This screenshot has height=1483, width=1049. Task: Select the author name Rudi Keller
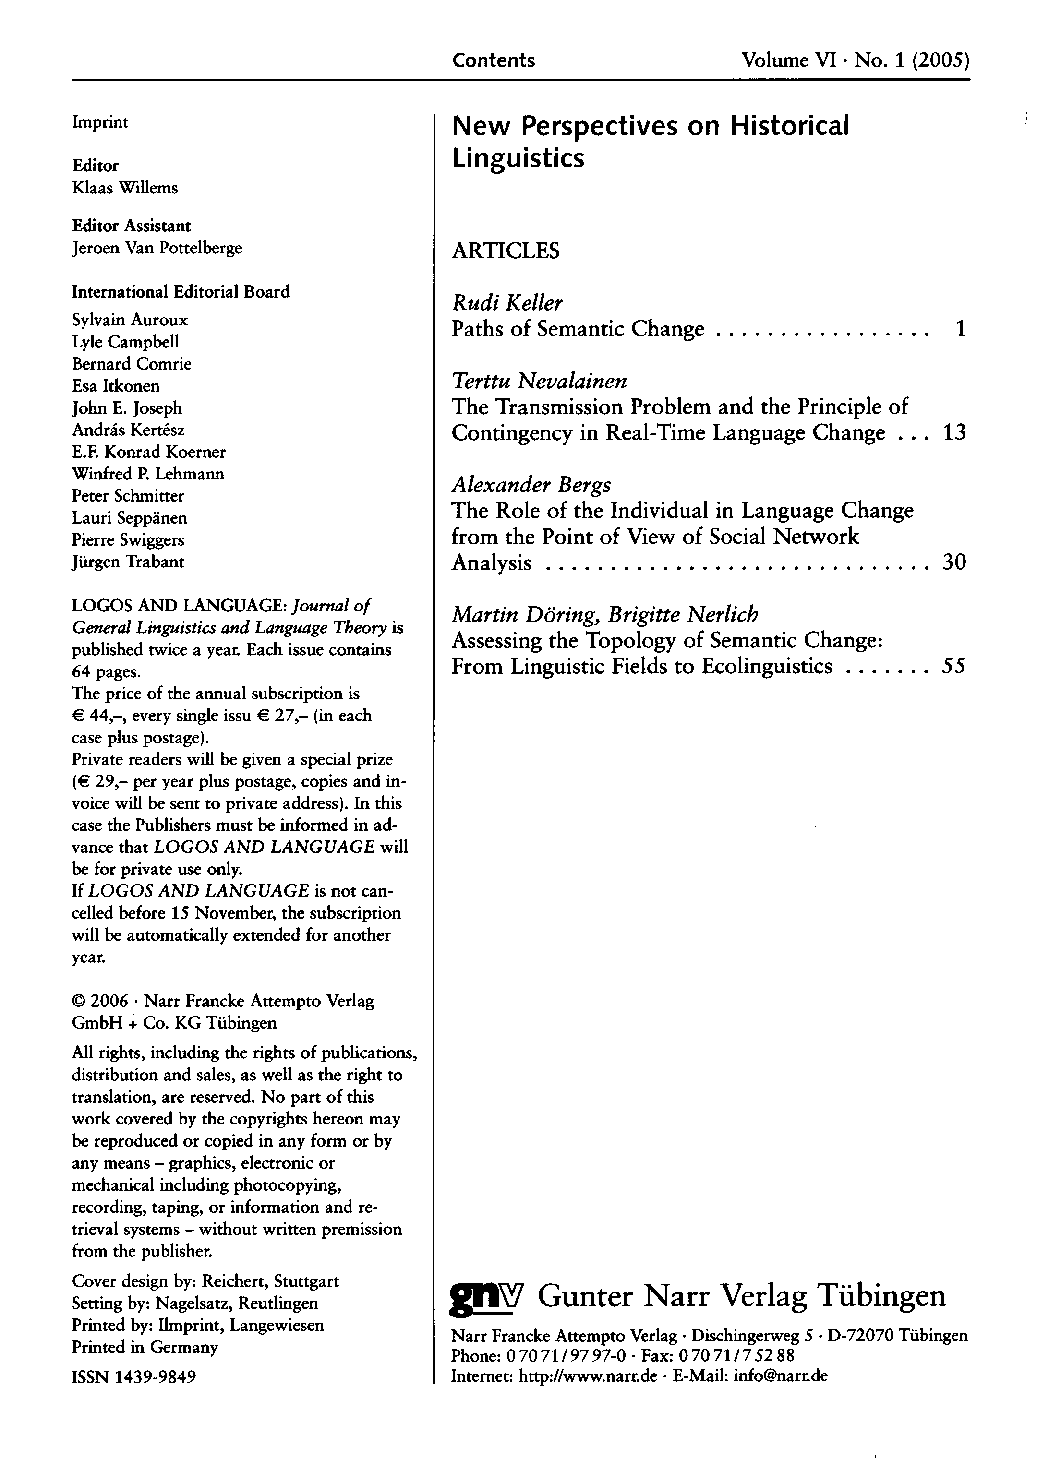pos(506,302)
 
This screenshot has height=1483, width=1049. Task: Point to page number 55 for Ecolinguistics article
pos(953,666)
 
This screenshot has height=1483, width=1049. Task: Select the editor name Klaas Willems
pos(125,188)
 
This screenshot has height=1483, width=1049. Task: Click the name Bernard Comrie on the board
pos(132,364)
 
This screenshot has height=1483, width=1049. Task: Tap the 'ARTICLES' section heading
pos(505,250)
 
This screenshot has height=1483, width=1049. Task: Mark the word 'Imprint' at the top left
pos(100,122)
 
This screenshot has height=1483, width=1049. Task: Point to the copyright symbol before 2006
pos(78,1001)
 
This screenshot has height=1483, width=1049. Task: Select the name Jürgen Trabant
pos(128,562)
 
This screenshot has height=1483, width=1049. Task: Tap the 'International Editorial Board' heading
pos(181,291)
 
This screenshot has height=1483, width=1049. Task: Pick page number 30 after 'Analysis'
pos(954,562)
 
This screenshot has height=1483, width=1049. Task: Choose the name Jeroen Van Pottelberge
pos(157,248)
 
